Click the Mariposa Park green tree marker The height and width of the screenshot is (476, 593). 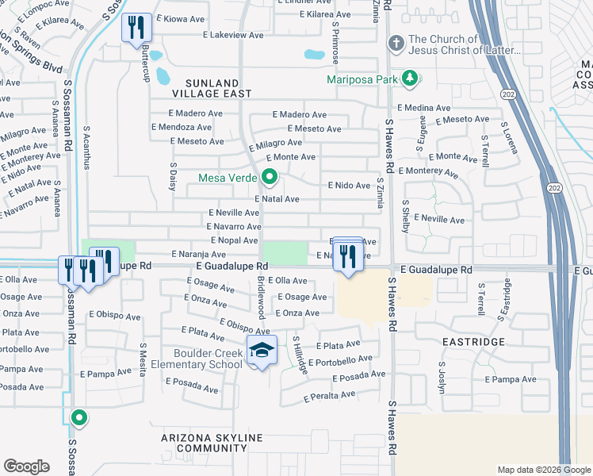tap(410, 78)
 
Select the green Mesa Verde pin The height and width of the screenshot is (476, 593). tap(270, 177)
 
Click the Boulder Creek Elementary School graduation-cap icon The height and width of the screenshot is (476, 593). tap(261, 349)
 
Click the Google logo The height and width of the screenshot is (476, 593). tap(26, 466)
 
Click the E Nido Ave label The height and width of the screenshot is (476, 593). tap(350, 186)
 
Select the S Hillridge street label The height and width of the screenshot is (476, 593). tap(299, 355)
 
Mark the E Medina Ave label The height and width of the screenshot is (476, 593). tap(424, 107)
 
